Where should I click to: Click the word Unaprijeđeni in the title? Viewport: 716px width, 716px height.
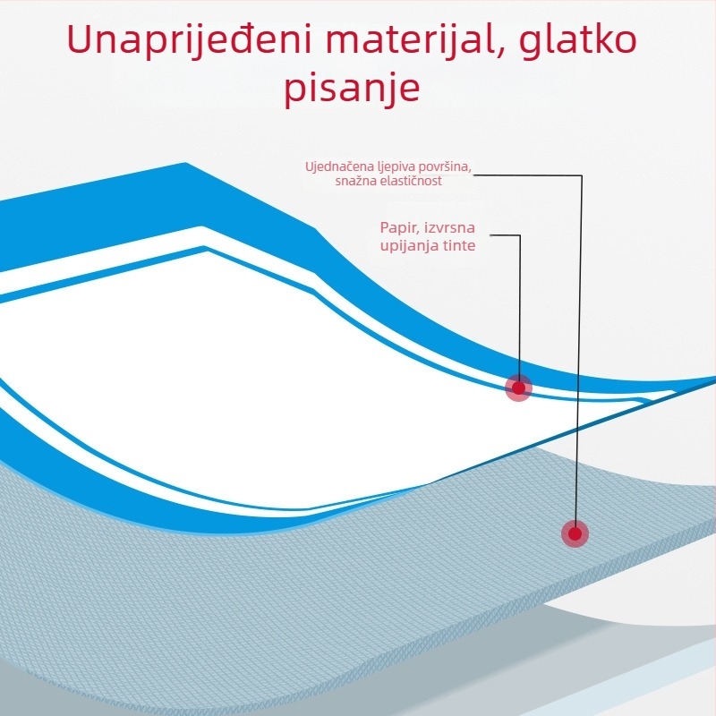pos(189,40)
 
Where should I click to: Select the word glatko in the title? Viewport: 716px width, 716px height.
pos(578,41)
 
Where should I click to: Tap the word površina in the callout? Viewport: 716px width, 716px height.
pos(443,166)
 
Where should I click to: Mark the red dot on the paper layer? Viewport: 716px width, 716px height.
pos(519,388)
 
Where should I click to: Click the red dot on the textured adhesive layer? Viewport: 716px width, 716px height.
pos(575,533)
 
